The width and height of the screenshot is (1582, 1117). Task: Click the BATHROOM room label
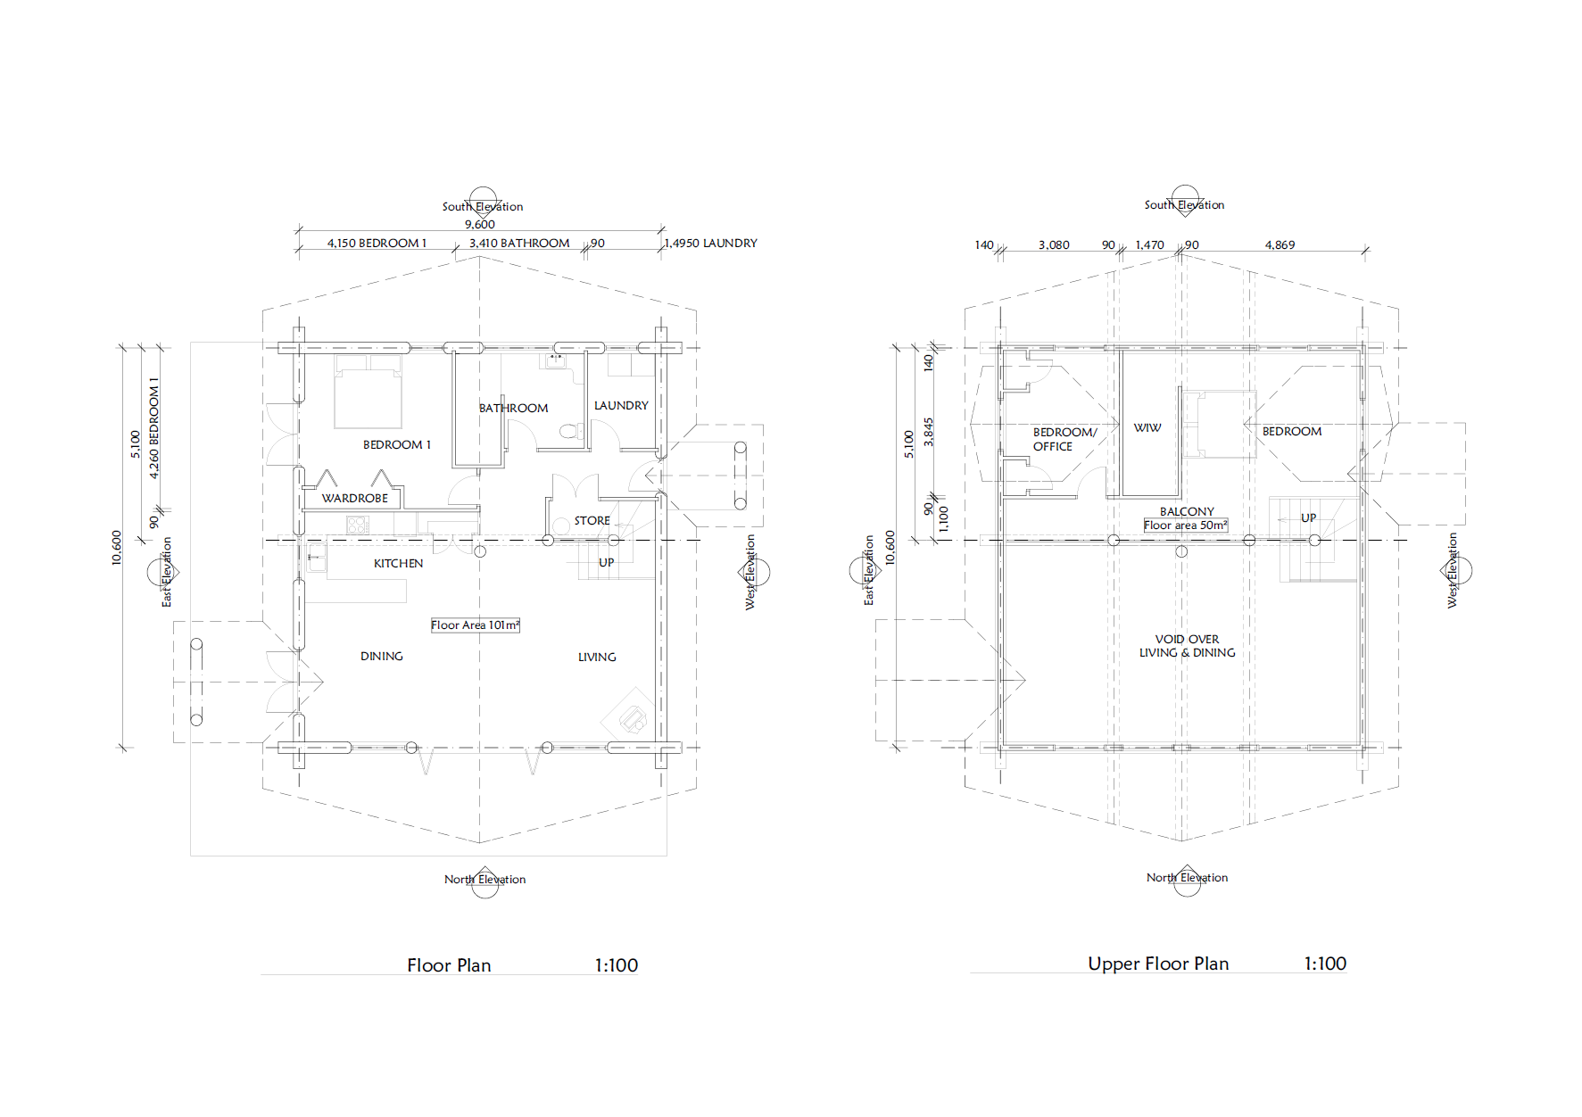pos(513,408)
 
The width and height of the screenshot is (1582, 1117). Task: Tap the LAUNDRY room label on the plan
pos(621,405)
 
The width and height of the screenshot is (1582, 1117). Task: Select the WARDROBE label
pos(355,498)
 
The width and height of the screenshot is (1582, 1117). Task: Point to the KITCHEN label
pos(398,563)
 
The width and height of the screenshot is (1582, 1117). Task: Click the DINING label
pos(382,656)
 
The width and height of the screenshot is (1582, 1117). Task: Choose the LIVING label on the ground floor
pos(597,657)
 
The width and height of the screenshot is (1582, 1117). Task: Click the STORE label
pos(592,520)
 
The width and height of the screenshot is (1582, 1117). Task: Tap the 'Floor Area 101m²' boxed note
pos(475,625)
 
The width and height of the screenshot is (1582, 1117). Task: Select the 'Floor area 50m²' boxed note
pos(1186,525)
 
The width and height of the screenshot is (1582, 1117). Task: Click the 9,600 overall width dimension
pos(480,224)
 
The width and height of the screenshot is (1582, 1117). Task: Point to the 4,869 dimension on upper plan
pos(1280,244)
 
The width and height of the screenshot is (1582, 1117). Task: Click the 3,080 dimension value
pos(1054,244)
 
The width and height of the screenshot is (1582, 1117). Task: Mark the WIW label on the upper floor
pos(1147,427)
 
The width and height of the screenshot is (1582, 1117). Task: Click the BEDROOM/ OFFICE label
pos(1064,439)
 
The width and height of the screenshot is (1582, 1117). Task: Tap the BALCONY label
pos(1187,511)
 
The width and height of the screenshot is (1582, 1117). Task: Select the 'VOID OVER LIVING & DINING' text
pos(1187,646)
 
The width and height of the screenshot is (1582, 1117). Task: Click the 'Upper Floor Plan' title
pos(1158,964)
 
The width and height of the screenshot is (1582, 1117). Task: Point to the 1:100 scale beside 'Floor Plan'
pos(617,965)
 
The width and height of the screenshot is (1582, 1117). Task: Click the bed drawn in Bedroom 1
pos(369,392)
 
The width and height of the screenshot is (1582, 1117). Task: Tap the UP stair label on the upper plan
pos(1308,517)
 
